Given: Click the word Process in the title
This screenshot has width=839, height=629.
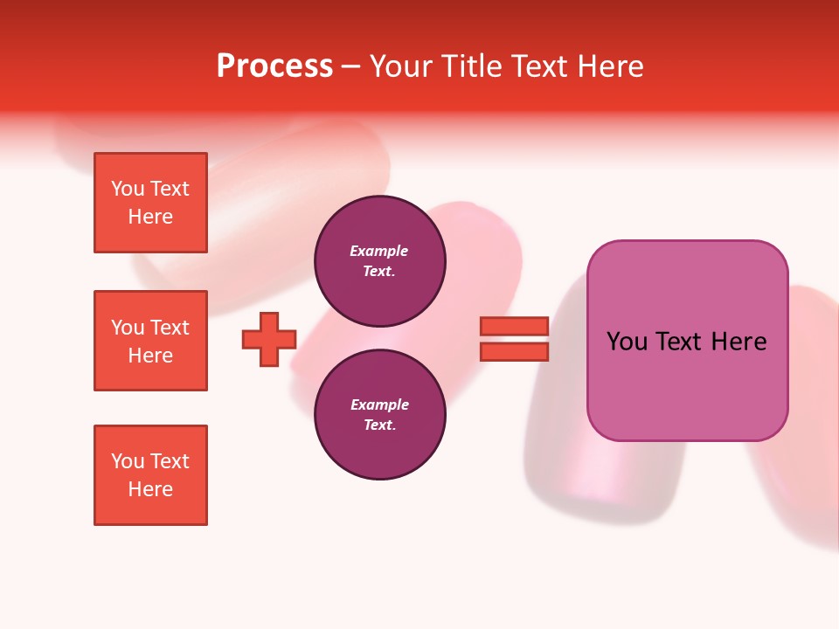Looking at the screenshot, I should pyautogui.click(x=274, y=66).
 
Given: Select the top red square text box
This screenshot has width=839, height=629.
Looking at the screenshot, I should pyautogui.click(x=150, y=203).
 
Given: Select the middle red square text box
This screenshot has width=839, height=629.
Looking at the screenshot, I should pyautogui.click(x=150, y=341).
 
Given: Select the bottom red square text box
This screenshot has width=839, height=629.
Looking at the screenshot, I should pyautogui.click(x=150, y=475).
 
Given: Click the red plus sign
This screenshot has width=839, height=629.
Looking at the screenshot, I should pyautogui.click(x=269, y=339).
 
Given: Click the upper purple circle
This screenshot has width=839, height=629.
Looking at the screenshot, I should pyautogui.click(x=380, y=260).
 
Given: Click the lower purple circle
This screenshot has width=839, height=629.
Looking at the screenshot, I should pyautogui.click(x=380, y=414).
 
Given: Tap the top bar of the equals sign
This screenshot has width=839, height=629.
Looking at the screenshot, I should pyautogui.click(x=515, y=327).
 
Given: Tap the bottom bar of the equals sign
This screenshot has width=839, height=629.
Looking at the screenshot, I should pyautogui.click(x=515, y=352).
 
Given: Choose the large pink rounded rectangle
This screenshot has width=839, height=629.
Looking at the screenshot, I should pyautogui.click(x=687, y=384).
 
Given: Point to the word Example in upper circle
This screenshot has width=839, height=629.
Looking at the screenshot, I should pyautogui.click(x=379, y=251).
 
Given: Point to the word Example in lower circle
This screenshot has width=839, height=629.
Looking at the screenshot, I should pyautogui.click(x=379, y=404).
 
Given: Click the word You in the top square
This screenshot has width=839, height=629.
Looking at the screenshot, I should pyautogui.click(x=128, y=189).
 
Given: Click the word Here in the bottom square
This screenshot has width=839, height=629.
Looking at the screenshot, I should pyautogui.click(x=150, y=489).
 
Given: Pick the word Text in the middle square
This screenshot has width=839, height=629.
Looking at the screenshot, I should pyautogui.click(x=170, y=328).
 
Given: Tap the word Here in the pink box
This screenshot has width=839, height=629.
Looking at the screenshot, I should pyautogui.click(x=739, y=342).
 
